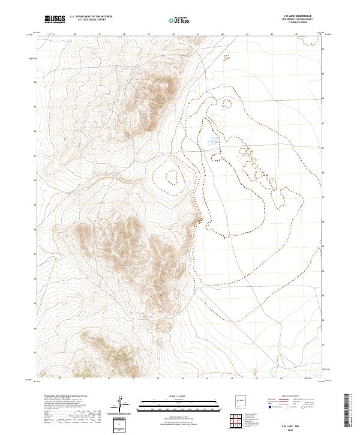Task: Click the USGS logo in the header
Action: pyautogui.click(x=55, y=19)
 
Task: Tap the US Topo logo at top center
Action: pyautogui.click(x=179, y=20)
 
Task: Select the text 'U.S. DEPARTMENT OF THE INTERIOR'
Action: pyautogui.click(x=91, y=17)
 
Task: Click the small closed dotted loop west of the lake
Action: pyautogui.click(x=173, y=177)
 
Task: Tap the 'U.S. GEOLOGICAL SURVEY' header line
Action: pyautogui.click(x=91, y=20)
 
